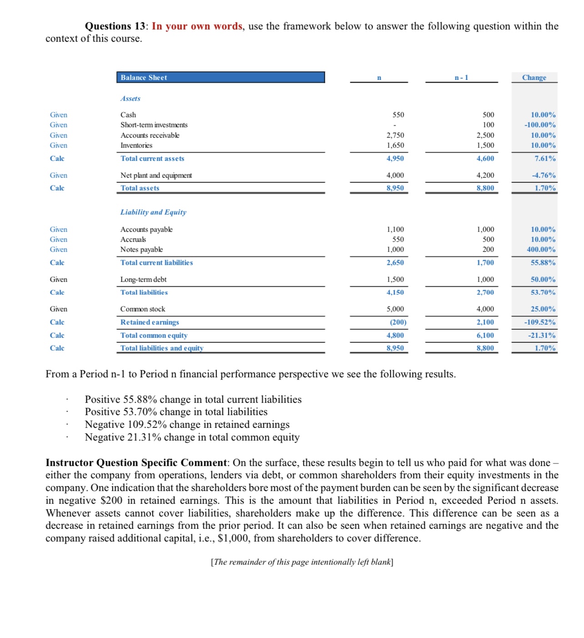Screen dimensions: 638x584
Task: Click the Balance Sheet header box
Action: (x=220, y=77)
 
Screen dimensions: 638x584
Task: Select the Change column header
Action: (x=534, y=78)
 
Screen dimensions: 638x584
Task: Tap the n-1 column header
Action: (x=461, y=78)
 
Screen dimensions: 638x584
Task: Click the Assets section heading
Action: (x=131, y=99)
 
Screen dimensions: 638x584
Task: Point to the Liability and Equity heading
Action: (x=153, y=212)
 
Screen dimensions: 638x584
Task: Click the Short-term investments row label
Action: (x=154, y=125)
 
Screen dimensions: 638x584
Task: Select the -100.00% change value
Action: (x=540, y=125)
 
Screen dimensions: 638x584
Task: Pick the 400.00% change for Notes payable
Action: (x=541, y=250)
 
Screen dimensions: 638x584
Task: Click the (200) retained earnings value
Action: (x=398, y=322)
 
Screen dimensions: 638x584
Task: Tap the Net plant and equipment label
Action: (x=156, y=176)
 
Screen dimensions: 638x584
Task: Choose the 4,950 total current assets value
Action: (x=395, y=159)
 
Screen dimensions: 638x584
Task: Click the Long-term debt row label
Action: (x=143, y=280)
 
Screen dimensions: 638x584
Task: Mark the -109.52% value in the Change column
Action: (x=540, y=322)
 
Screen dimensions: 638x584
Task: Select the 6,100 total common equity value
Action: (x=485, y=336)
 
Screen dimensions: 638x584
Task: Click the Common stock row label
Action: (x=143, y=309)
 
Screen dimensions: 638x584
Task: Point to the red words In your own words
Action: (x=197, y=26)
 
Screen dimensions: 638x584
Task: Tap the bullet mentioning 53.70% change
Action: (x=176, y=412)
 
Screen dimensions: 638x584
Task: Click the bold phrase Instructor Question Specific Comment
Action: (x=136, y=463)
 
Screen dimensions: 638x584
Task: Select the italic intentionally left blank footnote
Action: (x=302, y=562)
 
